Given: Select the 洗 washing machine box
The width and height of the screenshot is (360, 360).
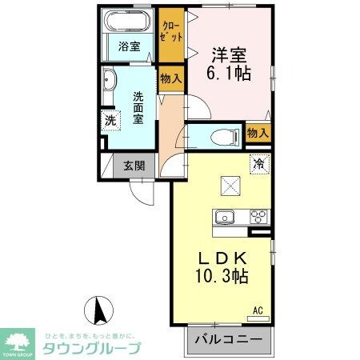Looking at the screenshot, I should coord(110,122).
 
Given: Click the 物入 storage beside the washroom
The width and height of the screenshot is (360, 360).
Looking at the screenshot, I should coord(170,78).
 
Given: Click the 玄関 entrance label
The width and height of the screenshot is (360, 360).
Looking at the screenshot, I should coord(134,166).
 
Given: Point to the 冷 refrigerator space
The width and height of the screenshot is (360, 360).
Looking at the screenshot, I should coord(258,162).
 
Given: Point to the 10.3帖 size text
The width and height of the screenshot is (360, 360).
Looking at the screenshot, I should coord(220,279).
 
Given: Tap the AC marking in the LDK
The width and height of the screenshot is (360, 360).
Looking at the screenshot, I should coord(258,310).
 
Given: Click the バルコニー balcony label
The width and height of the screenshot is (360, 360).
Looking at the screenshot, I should coord(230,340).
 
